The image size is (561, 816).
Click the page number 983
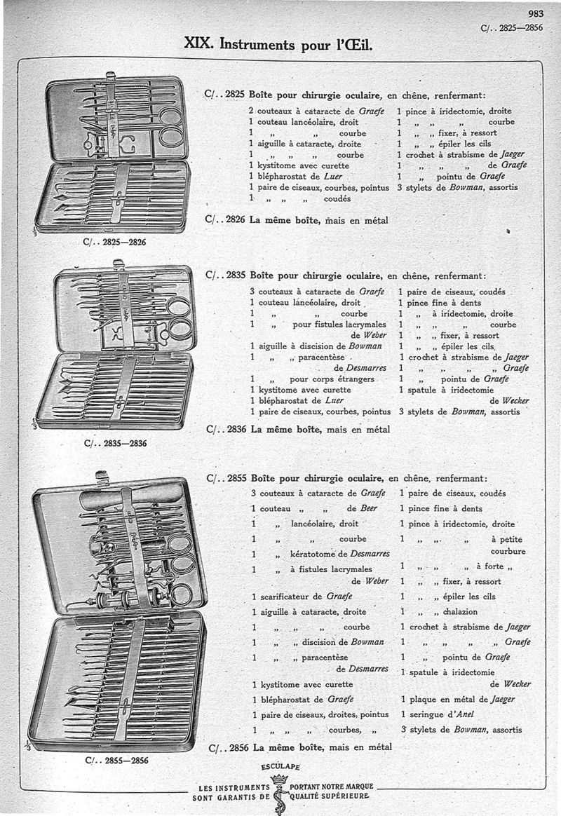point(535,13)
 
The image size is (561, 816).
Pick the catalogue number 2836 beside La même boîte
point(236,429)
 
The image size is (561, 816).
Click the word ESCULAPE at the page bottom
point(280,766)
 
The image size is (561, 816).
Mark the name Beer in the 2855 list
point(368,508)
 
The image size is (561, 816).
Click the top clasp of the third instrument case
point(100,477)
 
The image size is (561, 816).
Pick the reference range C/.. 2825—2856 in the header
point(512,28)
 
